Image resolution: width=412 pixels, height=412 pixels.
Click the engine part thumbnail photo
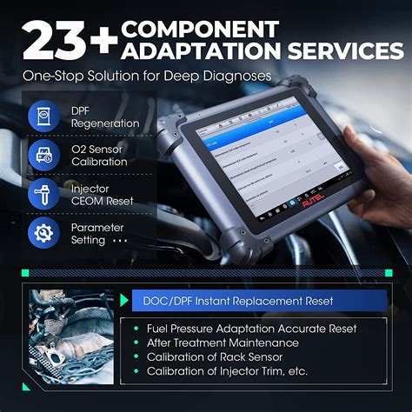click(x=70, y=335)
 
